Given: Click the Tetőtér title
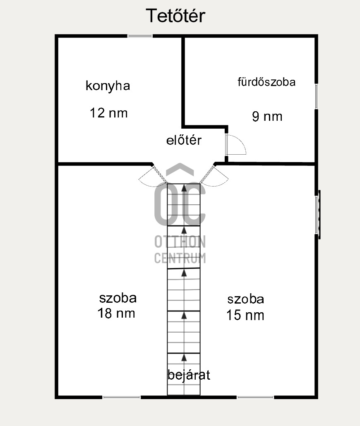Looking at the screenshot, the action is (175, 16).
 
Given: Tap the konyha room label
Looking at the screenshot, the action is (108, 86).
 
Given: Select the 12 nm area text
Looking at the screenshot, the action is (109, 113).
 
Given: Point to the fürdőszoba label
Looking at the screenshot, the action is (266, 82).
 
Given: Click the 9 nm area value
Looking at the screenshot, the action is (267, 117).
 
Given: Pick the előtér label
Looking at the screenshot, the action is (184, 140).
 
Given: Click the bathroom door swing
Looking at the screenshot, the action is (236, 144).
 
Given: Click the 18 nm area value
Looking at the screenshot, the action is (116, 313).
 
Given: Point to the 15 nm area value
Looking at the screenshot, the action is (245, 315).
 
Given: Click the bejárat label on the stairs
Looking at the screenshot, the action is (189, 375).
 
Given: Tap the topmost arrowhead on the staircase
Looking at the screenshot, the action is (184, 187).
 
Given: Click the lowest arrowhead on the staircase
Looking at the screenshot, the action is (184, 357).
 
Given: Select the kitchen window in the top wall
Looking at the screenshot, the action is (140, 36).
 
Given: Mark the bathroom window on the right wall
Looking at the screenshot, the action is (316, 96).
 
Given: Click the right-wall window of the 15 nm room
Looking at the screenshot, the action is (317, 215).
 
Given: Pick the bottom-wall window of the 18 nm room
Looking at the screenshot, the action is (122, 397).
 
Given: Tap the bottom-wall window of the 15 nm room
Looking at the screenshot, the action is (255, 397).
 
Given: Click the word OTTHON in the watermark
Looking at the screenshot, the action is (180, 242).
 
